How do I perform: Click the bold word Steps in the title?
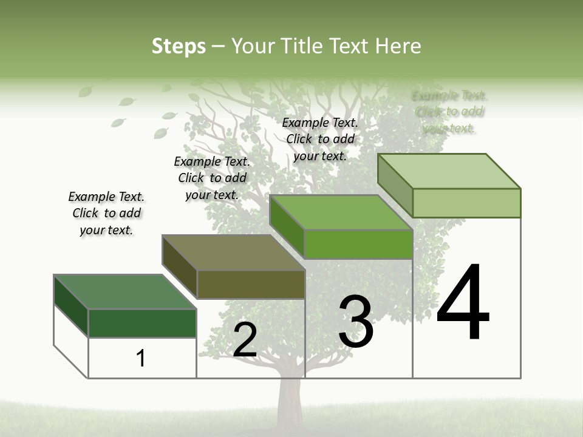click(179, 46)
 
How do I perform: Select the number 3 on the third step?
click(356, 322)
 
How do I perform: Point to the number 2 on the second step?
click(245, 340)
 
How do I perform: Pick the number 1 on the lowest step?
click(141, 359)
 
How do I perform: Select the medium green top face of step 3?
click(341, 212)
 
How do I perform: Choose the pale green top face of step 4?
click(449, 171)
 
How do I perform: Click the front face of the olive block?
click(251, 285)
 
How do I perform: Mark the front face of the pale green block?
click(466, 203)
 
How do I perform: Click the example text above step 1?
click(106, 213)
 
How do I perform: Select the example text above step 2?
click(212, 178)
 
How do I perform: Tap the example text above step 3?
click(320, 139)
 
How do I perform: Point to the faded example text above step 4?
click(449, 112)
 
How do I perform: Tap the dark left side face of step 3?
click(287, 226)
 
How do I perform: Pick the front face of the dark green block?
click(142, 323)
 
